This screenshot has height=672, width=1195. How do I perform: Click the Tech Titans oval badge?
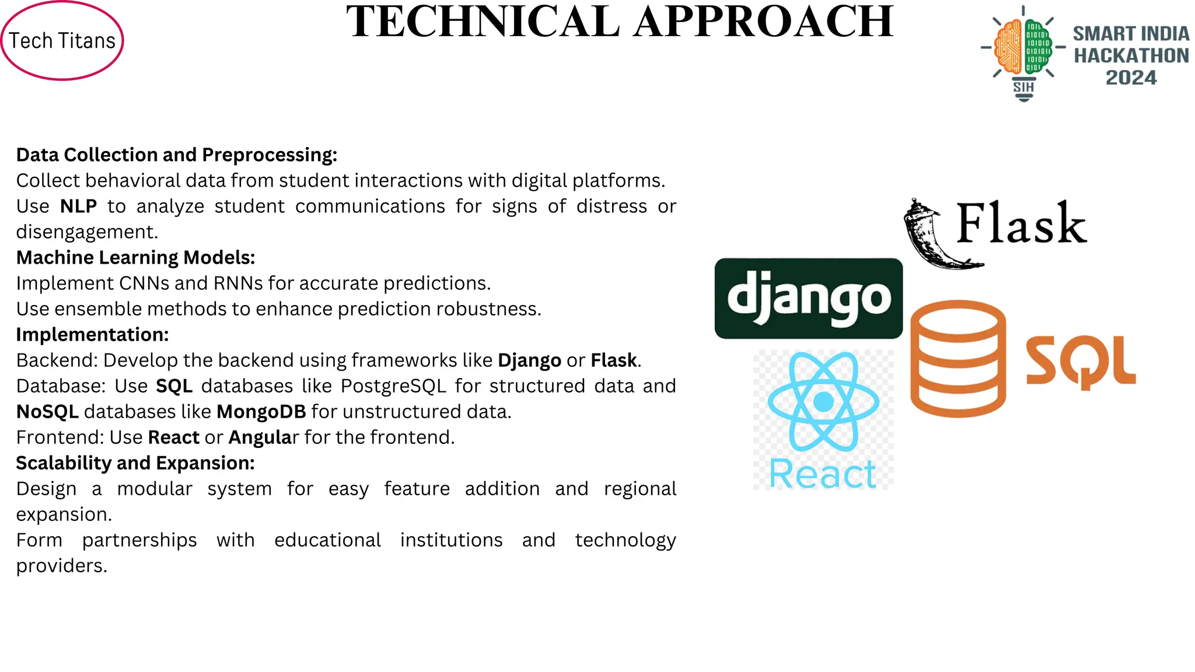pyautogui.click(x=62, y=41)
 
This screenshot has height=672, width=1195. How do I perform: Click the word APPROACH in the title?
pyautogui.click(x=764, y=22)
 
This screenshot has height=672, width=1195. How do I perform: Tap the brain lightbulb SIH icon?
pyautogui.click(x=1023, y=52)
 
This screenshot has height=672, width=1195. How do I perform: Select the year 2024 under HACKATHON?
pyautogui.click(x=1131, y=78)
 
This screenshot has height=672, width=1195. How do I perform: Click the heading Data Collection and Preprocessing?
pyautogui.click(x=176, y=155)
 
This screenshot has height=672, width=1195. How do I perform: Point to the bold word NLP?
pyautogui.click(x=78, y=206)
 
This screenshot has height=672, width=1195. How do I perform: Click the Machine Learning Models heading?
pyautogui.click(x=135, y=258)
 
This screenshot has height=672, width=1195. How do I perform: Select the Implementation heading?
pyautogui.click(x=92, y=335)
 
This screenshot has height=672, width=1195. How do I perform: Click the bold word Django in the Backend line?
pyautogui.click(x=529, y=360)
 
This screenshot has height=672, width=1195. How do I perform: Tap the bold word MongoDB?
pyautogui.click(x=261, y=412)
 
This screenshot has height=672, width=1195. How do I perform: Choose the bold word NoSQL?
pyautogui.click(x=47, y=412)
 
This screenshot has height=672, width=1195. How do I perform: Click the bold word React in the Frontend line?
pyautogui.click(x=174, y=437)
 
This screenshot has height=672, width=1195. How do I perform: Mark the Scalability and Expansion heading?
pyautogui.click(x=135, y=463)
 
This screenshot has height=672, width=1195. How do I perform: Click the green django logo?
pyautogui.click(x=808, y=298)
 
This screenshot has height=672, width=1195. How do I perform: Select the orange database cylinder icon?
pyautogui.click(x=958, y=358)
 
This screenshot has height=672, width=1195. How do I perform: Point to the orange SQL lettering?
pyautogui.click(x=1081, y=362)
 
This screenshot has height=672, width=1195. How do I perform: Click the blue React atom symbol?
pyautogui.click(x=823, y=401)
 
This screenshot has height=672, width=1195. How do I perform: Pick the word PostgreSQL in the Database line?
pyautogui.click(x=393, y=386)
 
